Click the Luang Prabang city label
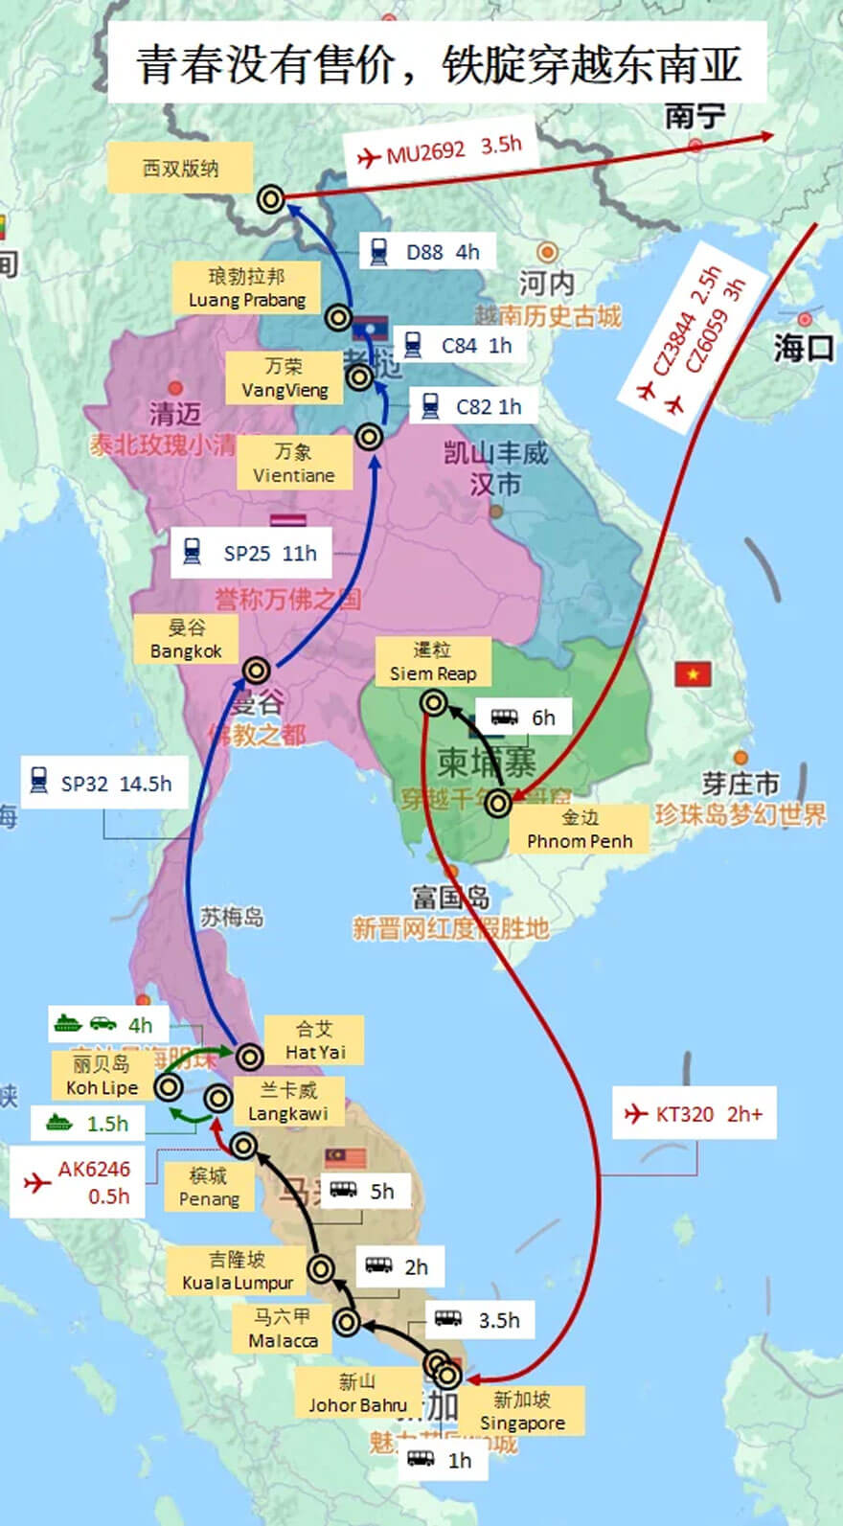[x=246, y=288]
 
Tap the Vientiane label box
[x=293, y=464]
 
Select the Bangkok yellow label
[x=186, y=639]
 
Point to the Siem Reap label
[x=432, y=662]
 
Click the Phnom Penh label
[x=580, y=830]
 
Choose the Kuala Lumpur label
[x=238, y=1271]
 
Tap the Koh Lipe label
[x=103, y=1076]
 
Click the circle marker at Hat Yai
[x=249, y=1057]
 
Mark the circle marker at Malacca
[x=347, y=1323]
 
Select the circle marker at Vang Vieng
[x=359, y=377]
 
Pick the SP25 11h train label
[x=251, y=553]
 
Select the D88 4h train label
[x=426, y=252]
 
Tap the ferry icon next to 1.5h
[x=59, y=1123]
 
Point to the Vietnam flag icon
[x=693, y=674]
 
